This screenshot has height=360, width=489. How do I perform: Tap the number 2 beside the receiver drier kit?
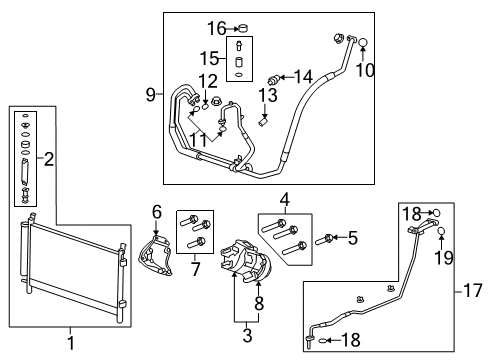[48, 157]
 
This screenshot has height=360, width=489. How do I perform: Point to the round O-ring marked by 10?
[364, 43]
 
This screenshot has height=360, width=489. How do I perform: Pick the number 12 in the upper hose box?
[207, 80]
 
